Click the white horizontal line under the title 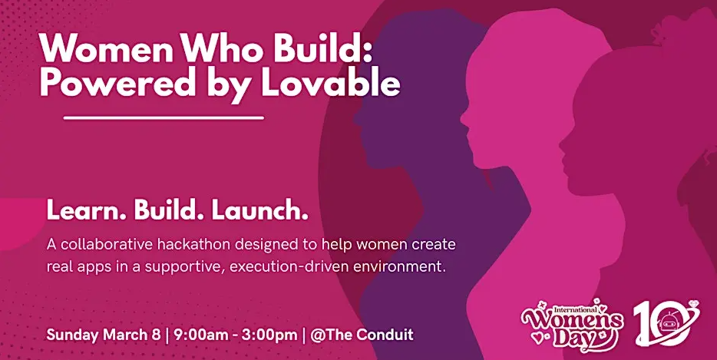click(x=164, y=118)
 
